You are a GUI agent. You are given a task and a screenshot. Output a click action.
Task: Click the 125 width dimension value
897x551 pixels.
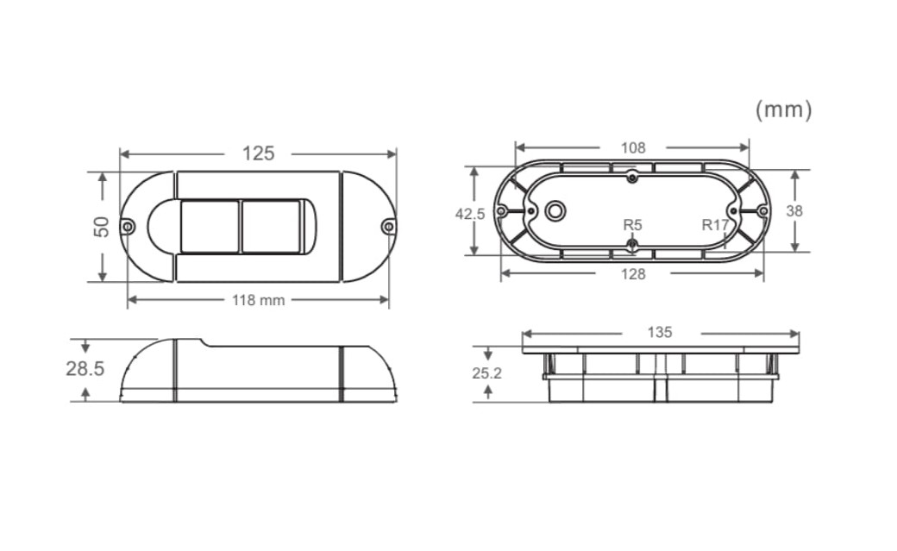pos(258,153)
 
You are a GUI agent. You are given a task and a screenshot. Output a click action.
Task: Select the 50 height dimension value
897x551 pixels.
pos(102,227)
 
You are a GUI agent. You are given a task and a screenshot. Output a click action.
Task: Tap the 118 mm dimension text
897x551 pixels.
pos(258,300)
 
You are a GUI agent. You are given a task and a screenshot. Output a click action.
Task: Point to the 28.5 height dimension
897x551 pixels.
pos(85,369)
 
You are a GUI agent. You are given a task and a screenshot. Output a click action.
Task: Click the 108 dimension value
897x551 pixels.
pos(633,147)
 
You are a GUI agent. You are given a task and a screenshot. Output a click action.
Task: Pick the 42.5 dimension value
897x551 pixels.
pos(470,214)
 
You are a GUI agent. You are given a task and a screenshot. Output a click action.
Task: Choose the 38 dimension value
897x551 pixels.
pos(794,211)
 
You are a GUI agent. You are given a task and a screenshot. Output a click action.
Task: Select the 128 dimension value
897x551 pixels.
pos(633,275)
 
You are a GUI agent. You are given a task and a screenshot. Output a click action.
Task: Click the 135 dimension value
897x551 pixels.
pos(660,333)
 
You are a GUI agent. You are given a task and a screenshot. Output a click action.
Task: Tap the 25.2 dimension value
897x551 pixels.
pos(486,373)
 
